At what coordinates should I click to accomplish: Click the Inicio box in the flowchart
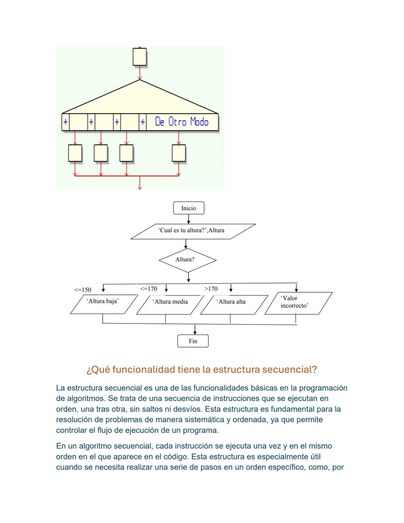[x=189, y=208]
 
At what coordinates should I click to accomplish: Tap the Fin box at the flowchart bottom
[x=193, y=341]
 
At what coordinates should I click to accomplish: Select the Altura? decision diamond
[x=187, y=259]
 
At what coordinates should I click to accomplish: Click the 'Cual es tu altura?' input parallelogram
[x=192, y=231]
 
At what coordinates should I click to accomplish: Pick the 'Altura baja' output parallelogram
[x=104, y=304]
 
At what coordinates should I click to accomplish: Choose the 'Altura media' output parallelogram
[x=170, y=304]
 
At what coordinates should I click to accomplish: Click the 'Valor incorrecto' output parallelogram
[x=298, y=303]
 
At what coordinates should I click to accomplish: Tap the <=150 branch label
[x=83, y=290]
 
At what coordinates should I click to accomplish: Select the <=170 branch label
[x=149, y=289]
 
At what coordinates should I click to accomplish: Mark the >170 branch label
[x=211, y=289]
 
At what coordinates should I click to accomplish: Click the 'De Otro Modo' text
[x=182, y=122]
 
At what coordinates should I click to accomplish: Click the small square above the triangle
[x=140, y=57]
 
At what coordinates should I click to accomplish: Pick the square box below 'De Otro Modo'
[x=179, y=153]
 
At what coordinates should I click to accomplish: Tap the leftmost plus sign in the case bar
[x=65, y=122]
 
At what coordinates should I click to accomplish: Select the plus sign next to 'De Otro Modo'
[x=143, y=122]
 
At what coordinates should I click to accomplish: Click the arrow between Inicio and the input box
[x=189, y=219]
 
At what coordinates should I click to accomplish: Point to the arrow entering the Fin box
[x=195, y=330]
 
